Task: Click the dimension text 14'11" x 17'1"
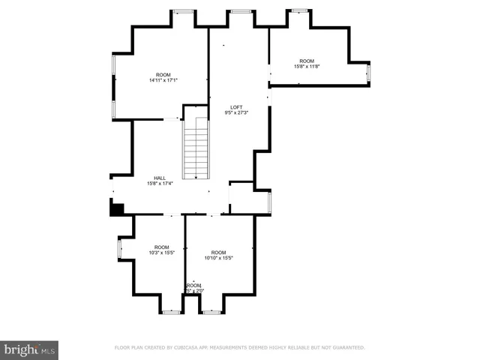[x=163, y=80]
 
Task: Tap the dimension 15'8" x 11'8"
[x=307, y=67]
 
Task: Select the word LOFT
[x=236, y=107]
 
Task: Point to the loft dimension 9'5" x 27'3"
[x=236, y=113]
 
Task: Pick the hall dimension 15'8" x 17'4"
[x=159, y=184]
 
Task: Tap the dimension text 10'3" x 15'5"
[x=161, y=253]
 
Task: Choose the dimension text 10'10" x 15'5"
[x=218, y=258]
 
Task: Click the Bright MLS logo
[x=29, y=349]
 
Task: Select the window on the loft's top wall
[x=240, y=11]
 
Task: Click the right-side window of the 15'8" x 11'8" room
[x=368, y=73]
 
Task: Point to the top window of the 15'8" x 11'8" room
[x=300, y=10]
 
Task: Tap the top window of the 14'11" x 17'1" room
[x=182, y=11]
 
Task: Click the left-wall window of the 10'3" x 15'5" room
[x=119, y=249]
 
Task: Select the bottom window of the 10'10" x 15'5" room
[x=211, y=311]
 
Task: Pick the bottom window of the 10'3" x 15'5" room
[x=172, y=311]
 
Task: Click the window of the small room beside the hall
[x=269, y=202]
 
